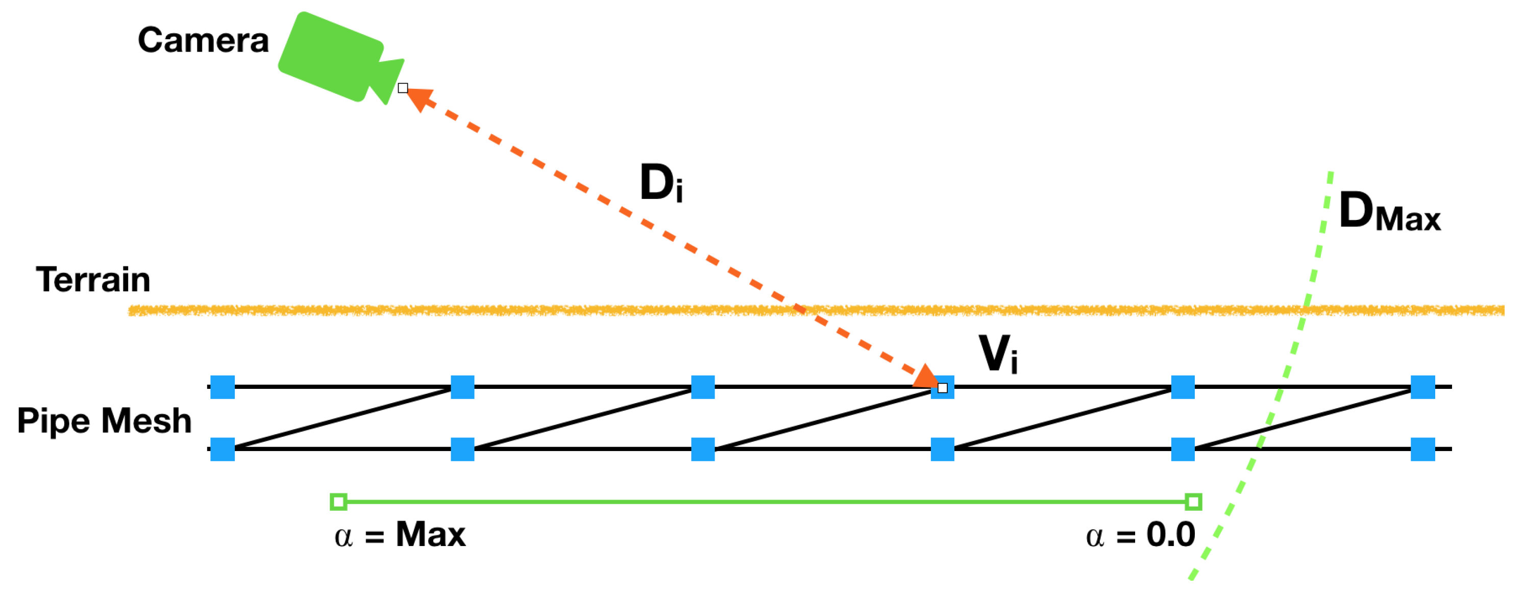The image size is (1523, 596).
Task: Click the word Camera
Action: [203, 40]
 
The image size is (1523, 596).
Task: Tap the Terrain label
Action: [93, 280]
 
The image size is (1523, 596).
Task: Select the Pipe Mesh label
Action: [104, 421]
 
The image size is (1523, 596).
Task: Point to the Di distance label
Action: [661, 183]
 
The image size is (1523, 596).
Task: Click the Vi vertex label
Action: [998, 354]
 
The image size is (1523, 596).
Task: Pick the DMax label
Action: [1389, 212]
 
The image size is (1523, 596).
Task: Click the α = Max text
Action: [400, 536]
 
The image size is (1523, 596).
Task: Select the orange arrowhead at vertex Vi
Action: [926, 378]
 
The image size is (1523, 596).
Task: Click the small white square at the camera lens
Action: [403, 88]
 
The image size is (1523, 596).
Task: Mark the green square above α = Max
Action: [338, 503]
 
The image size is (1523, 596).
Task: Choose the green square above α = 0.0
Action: [1193, 503]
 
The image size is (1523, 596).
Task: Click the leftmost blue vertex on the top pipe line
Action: [223, 387]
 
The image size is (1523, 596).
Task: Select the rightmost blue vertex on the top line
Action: [1422, 387]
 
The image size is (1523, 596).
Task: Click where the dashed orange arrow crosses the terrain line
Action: [799, 309]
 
